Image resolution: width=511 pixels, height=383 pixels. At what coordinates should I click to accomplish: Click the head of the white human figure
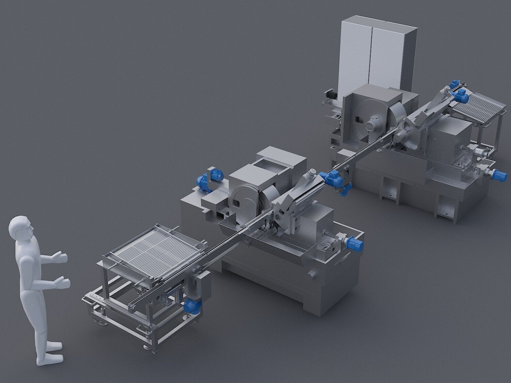(21, 229)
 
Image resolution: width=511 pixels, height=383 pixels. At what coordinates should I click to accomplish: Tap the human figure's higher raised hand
(61, 257)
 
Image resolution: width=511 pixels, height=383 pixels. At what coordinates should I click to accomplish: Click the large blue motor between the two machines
(332, 179)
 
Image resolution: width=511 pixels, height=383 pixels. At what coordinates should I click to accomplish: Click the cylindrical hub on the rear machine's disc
(375, 123)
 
